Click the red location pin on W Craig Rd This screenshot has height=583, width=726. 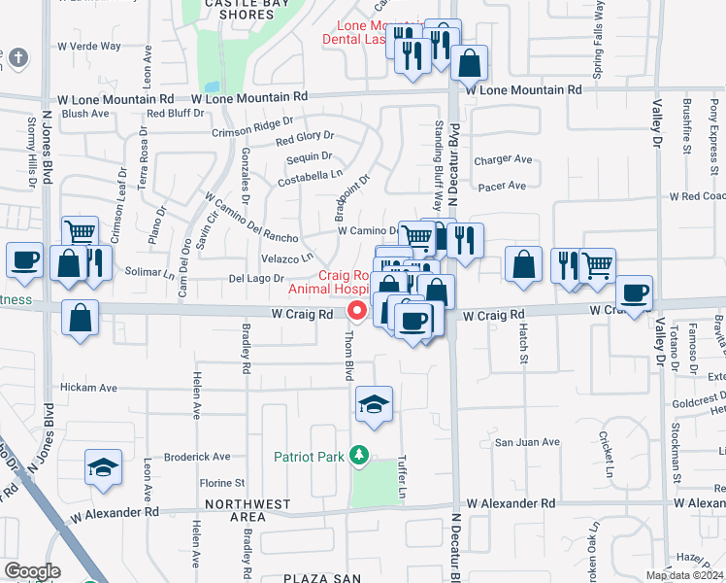tap(357, 311)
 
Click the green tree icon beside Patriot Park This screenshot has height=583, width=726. tap(359, 455)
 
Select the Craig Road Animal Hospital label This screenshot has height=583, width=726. tap(329, 281)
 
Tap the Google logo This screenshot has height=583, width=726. tap(32, 571)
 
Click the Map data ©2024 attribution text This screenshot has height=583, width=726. tap(684, 575)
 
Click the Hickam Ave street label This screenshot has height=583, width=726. tap(88, 388)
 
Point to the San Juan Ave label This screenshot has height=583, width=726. tap(528, 442)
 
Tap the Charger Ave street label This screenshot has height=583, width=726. tap(503, 159)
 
